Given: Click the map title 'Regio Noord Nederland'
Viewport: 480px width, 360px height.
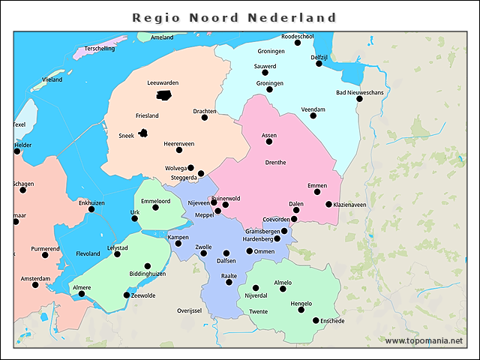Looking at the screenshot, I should pos(234,17).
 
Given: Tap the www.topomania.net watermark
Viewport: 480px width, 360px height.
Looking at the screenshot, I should pos(424,340).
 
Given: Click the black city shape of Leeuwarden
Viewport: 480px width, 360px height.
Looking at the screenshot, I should pos(163,94).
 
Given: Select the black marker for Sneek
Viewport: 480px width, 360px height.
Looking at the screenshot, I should pos(142,133).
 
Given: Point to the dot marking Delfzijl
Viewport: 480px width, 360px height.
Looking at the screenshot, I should pos(319,64).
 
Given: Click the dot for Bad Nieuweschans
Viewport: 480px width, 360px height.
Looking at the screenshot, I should pos(359,99).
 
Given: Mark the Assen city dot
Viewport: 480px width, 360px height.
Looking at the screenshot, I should pos(268,142).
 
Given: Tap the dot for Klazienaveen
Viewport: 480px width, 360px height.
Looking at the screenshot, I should pos(328,204).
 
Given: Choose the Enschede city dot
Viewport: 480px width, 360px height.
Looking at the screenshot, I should pos(316,320).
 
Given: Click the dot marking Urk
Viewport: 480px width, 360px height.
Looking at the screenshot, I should pos(135,218).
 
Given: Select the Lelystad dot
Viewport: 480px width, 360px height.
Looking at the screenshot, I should pos(117,254).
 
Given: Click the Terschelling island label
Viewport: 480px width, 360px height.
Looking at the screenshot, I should pos(100,48).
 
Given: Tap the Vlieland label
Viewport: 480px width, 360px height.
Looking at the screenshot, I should pos(52,79).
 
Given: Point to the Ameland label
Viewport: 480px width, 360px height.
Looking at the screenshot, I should pos(161,37).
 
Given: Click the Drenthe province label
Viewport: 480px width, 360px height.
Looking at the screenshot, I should pos(275,162).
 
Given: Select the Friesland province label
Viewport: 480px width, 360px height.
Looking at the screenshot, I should pos(147,115).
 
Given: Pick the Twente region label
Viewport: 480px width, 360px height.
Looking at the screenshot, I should pos(258,311).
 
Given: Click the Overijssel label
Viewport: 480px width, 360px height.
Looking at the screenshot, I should pos(190,310).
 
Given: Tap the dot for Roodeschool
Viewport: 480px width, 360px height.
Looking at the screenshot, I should pos(298,43).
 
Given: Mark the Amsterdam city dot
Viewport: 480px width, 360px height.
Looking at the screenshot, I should pos(35,285).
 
